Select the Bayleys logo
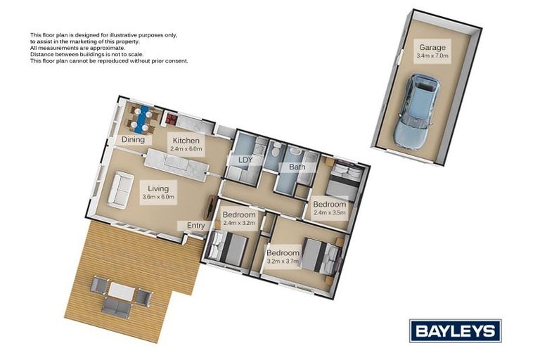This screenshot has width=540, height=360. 455,330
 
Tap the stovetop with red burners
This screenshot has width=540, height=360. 172,119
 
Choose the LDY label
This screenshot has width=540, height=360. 245,160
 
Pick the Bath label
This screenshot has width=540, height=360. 296,167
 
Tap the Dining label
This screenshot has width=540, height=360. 133,140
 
